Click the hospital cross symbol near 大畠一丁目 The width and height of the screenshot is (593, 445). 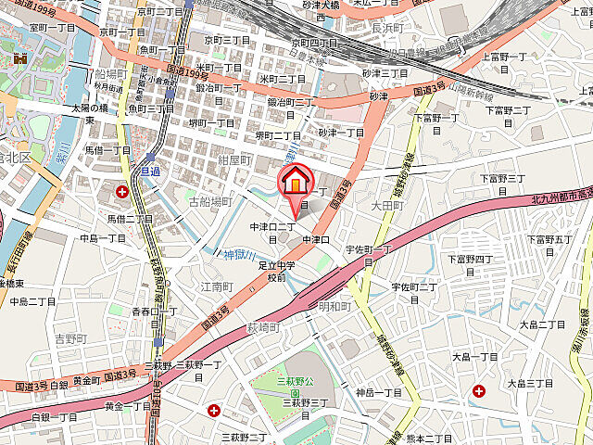(478, 392)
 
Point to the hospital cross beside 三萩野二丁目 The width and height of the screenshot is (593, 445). (214, 410)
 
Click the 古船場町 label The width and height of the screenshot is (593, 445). (209, 201)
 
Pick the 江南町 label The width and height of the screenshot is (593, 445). (215, 287)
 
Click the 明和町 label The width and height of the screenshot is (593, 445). (335, 305)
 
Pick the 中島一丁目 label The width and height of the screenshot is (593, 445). (102, 238)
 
